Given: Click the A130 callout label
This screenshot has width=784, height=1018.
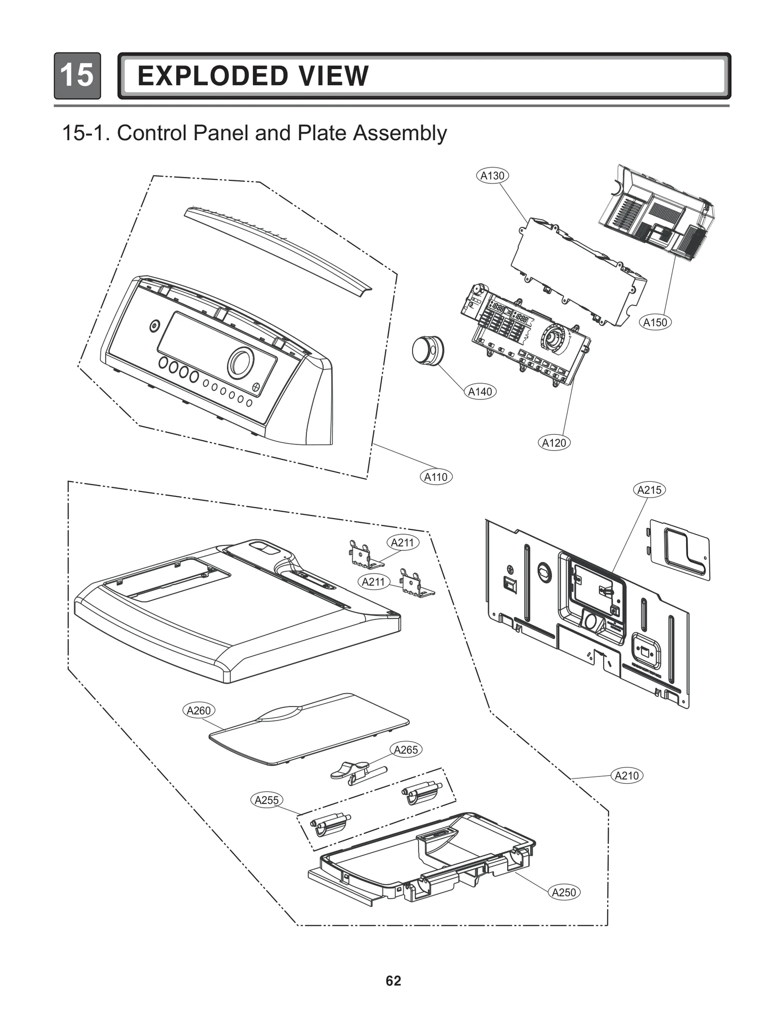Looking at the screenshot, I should tap(492, 175).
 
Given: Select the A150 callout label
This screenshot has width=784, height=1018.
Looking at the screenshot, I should tap(655, 323).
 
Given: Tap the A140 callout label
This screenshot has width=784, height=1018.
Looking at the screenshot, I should tap(480, 392).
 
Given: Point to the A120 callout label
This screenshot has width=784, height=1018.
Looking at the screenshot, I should tap(554, 443).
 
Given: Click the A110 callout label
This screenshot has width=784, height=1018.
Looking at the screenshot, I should tap(436, 477).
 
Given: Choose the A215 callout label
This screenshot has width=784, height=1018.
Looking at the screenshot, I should tap(649, 490).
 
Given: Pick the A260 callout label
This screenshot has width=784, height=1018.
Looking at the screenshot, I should tap(198, 710).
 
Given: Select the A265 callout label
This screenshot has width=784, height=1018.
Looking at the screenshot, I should tap(406, 749).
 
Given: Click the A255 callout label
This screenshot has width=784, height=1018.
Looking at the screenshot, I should tap(267, 800).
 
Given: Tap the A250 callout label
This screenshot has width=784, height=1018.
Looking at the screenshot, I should tap(563, 892).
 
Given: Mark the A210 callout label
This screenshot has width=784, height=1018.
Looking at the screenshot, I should tap(627, 775).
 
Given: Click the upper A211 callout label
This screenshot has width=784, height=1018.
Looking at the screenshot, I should tap(402, 543).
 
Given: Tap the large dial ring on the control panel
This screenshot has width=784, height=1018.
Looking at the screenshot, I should tap(241, 363).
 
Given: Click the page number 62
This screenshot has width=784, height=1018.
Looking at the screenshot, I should tap(393, 980).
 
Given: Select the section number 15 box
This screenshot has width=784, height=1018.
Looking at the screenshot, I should tap(77, 75).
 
